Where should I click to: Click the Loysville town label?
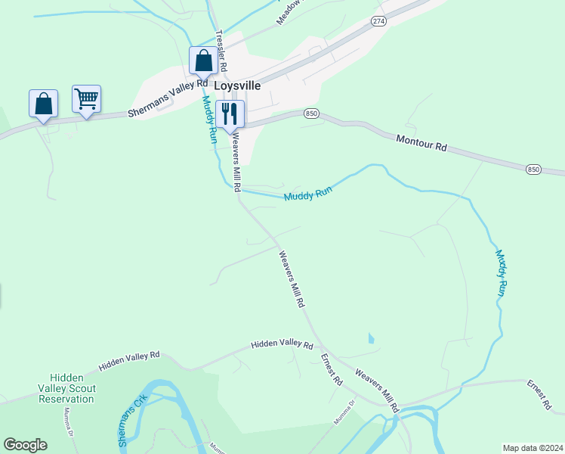coord(237,86)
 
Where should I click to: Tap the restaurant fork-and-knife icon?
coord(230,114)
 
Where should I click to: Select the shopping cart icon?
coord(87,98)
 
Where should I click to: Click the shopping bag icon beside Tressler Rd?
coord(202,60)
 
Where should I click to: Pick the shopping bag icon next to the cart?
coord(43,104)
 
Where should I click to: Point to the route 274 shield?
coord(379,22)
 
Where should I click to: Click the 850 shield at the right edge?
coord(533,169)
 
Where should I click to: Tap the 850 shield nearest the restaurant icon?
coord(311,113)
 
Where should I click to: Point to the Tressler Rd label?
coord(222,51)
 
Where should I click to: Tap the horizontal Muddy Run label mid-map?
coord(308,194)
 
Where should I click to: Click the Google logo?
coord(25,445)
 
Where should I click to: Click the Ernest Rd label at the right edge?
coord(539,395)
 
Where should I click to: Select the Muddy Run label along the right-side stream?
coord(502,272)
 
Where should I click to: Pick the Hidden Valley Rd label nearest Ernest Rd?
coord(282,344)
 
